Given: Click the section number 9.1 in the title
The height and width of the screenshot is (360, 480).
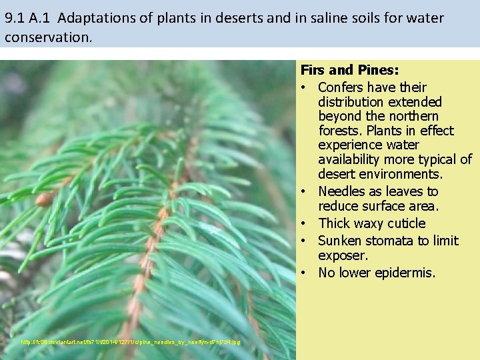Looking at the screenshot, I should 15,18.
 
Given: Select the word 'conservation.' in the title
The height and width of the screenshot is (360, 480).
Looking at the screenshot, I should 47,37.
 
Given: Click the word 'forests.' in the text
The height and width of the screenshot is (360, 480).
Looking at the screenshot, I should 341,131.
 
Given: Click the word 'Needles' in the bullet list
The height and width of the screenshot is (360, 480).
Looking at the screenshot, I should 342,191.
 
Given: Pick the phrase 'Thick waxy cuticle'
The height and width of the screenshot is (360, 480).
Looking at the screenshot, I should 371,223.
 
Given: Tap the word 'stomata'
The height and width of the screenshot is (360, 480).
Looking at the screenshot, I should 388,241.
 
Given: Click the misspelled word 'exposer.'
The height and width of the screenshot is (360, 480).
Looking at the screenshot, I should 343,255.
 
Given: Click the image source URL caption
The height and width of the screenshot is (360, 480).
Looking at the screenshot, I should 131,342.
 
